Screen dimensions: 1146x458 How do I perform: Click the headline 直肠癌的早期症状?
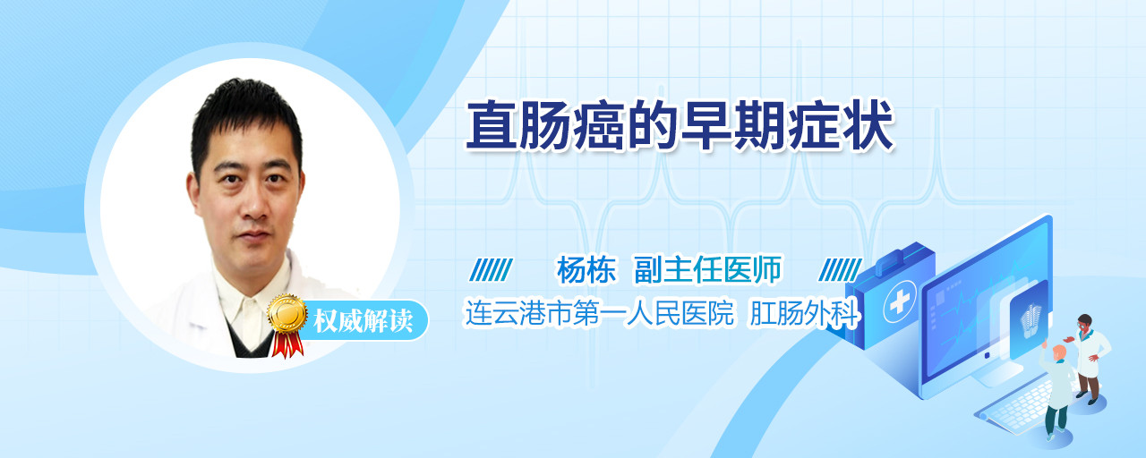(680, 125)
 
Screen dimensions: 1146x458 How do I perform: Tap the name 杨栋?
(586, 269)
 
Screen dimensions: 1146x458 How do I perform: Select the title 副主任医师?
(707, 269)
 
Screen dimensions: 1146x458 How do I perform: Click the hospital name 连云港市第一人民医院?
(599, 313)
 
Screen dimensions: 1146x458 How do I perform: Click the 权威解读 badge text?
(363, 320)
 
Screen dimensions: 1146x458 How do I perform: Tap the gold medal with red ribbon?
(287, 325)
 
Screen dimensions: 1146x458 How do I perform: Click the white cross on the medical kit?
(900, 302)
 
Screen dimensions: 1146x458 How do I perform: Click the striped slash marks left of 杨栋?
(492, 270)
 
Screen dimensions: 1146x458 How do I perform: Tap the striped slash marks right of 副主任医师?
(840, 270)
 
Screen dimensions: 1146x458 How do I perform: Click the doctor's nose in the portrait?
(254, 205)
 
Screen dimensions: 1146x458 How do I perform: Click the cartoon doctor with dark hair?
(1089, 359)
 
